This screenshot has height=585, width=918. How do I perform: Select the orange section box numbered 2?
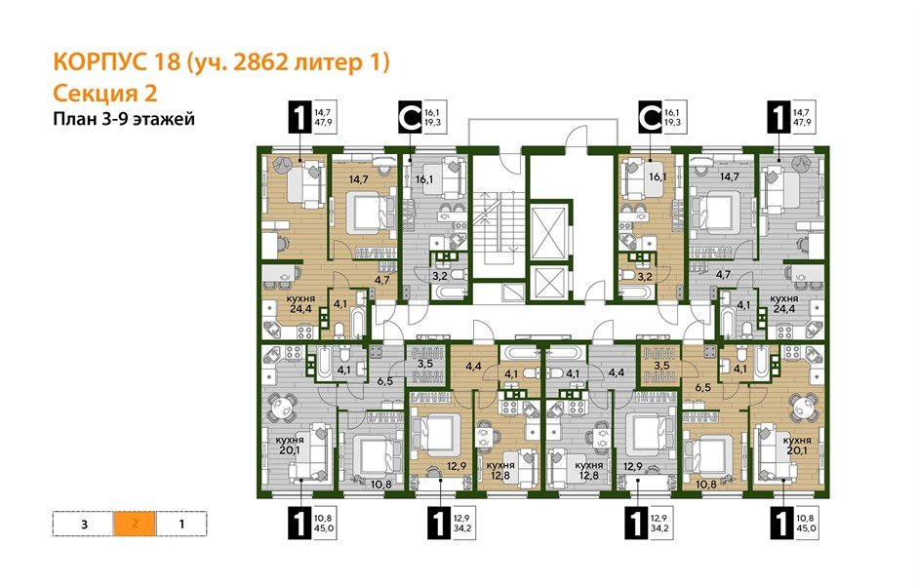click(x=135, y=524)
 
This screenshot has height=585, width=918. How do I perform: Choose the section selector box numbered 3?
click(x=85, y=524)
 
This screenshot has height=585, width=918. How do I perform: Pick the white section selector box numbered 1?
click(x=181, y=524)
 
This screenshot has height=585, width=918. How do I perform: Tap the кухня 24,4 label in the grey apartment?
click(x=788, y=306)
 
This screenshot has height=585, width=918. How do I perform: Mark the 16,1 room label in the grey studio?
click(x=421, y=179)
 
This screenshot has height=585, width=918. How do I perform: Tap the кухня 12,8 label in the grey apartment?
click(x=585, y=472)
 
